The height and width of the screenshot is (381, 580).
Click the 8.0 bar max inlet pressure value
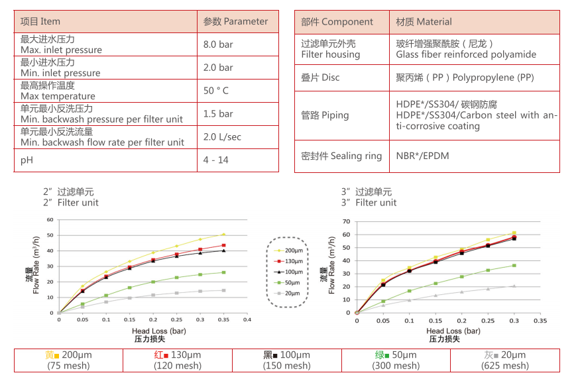point(218,44)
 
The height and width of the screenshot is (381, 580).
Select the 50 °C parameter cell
point(216,91)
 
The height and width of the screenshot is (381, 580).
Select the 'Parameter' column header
point(236,21)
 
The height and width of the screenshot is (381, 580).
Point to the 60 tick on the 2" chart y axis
point(50,220)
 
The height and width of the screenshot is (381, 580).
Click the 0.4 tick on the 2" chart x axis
point(247,319)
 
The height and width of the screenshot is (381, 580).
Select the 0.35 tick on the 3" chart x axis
point(540,320)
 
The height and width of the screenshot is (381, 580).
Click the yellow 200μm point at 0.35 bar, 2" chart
point(223,235)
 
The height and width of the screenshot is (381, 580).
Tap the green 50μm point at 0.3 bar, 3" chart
point(514,266)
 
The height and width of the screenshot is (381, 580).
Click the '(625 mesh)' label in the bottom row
point(506,366)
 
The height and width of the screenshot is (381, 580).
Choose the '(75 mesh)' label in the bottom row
point(68,366)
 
